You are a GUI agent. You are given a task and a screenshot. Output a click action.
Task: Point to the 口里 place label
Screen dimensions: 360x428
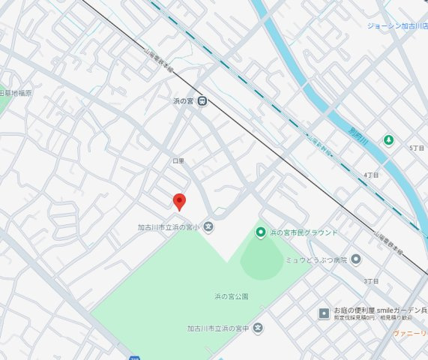click(x=178, y=161)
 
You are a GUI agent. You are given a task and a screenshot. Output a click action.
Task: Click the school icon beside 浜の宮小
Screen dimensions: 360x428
click(x=208, y=226)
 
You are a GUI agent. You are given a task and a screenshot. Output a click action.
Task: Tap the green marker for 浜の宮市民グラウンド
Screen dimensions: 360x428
click(x=261, y=232)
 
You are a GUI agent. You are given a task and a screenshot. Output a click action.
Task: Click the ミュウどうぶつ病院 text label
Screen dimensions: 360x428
click(x=316, y=260)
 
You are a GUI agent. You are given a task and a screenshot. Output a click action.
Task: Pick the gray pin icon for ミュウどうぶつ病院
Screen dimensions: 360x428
click(x=355, y=259)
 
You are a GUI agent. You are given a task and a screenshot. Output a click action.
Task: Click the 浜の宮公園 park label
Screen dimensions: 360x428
click(x=231, y=297)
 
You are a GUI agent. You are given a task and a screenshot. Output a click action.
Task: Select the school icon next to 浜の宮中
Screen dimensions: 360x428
click(x=258, y=328)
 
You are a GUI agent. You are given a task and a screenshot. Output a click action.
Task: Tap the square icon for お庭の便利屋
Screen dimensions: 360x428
click(x=324, y=313)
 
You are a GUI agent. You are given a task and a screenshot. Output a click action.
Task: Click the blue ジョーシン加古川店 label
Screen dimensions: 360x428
click(x=397, y=26)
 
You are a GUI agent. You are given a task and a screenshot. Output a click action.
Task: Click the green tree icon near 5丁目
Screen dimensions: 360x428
click(x=388, y=140)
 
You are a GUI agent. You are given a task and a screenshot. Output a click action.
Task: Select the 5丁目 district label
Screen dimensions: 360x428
click(x=416, y=148)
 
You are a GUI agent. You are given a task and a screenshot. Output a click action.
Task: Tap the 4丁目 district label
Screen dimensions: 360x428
click(x=370, y=175)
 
